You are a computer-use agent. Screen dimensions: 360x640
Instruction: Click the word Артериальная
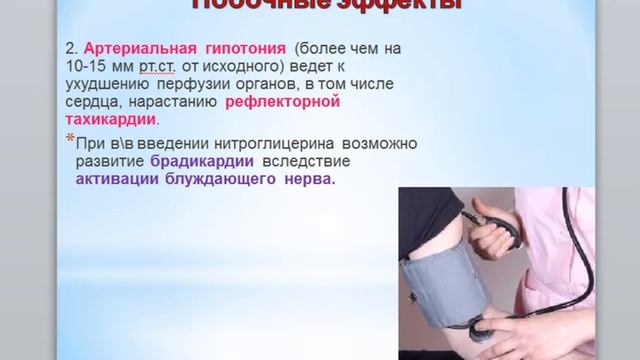132,48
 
